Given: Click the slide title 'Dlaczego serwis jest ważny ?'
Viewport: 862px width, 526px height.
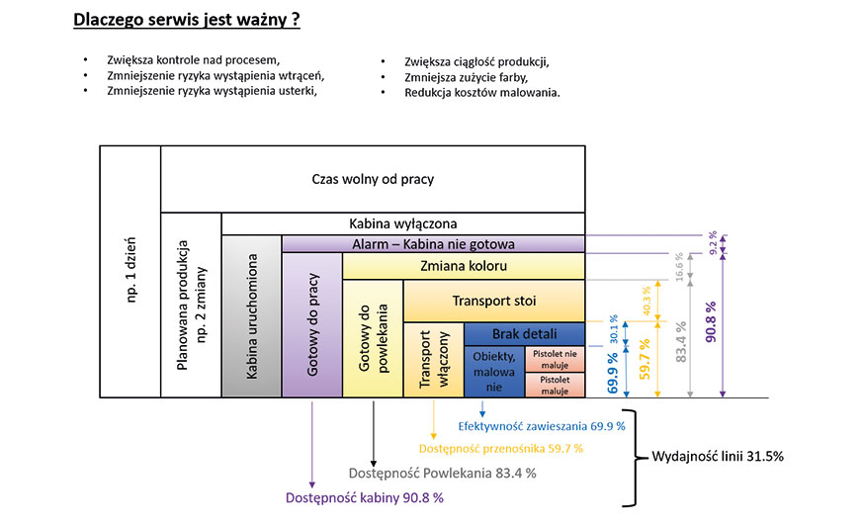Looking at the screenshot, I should point(187,19).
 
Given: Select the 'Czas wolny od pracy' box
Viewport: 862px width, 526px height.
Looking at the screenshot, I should point(373,179).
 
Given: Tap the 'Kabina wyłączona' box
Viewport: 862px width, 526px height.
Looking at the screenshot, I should point(402,223).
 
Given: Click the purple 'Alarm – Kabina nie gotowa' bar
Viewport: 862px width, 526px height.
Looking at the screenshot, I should point(433,243).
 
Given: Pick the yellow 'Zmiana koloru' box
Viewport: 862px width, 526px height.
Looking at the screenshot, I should point(464,266).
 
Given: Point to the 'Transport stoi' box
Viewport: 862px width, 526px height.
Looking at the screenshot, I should point(494,301).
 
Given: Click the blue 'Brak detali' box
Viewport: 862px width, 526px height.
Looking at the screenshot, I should point(525,333).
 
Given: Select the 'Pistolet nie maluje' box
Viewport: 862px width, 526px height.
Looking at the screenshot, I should point(555,358).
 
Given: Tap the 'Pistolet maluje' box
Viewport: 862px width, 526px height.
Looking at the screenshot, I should point(555,384).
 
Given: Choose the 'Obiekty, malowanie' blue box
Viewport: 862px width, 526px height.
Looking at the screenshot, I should point(494,371).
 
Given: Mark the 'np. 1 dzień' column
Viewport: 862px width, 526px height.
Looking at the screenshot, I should point(130,272).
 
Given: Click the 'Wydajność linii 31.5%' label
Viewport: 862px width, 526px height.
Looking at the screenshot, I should point(718,456).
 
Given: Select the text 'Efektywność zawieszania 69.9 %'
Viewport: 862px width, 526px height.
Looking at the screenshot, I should point(542,426).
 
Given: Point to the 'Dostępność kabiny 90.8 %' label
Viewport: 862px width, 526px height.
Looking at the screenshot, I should point(364,496).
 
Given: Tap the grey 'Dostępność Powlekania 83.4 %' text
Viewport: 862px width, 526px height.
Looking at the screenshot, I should point(442,473).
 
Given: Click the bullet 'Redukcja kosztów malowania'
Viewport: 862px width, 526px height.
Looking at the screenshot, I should point(481,93).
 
